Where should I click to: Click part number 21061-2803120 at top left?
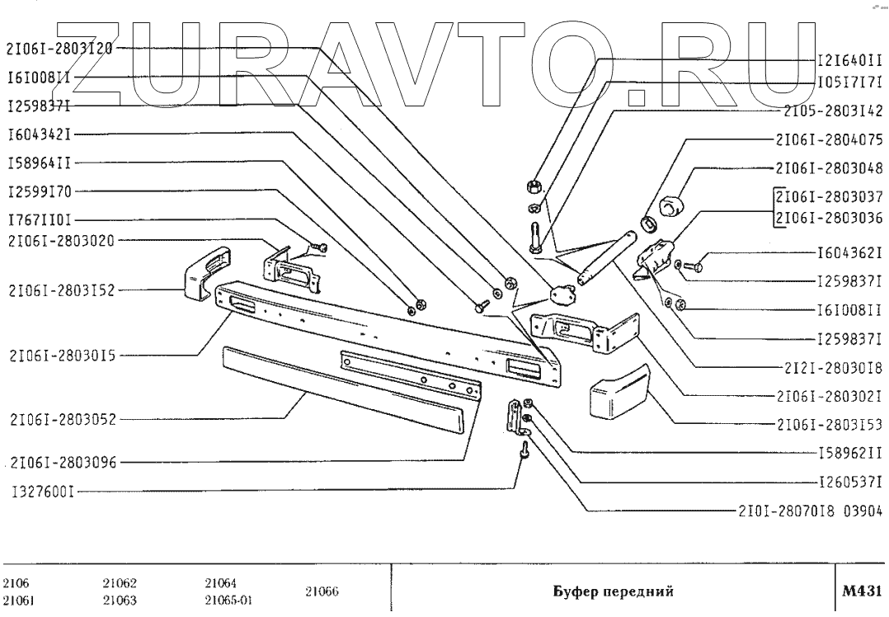click(x=59, y=47)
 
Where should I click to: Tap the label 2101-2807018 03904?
click(x=811, y=510)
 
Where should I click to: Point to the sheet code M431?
click(x=863, y=591)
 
